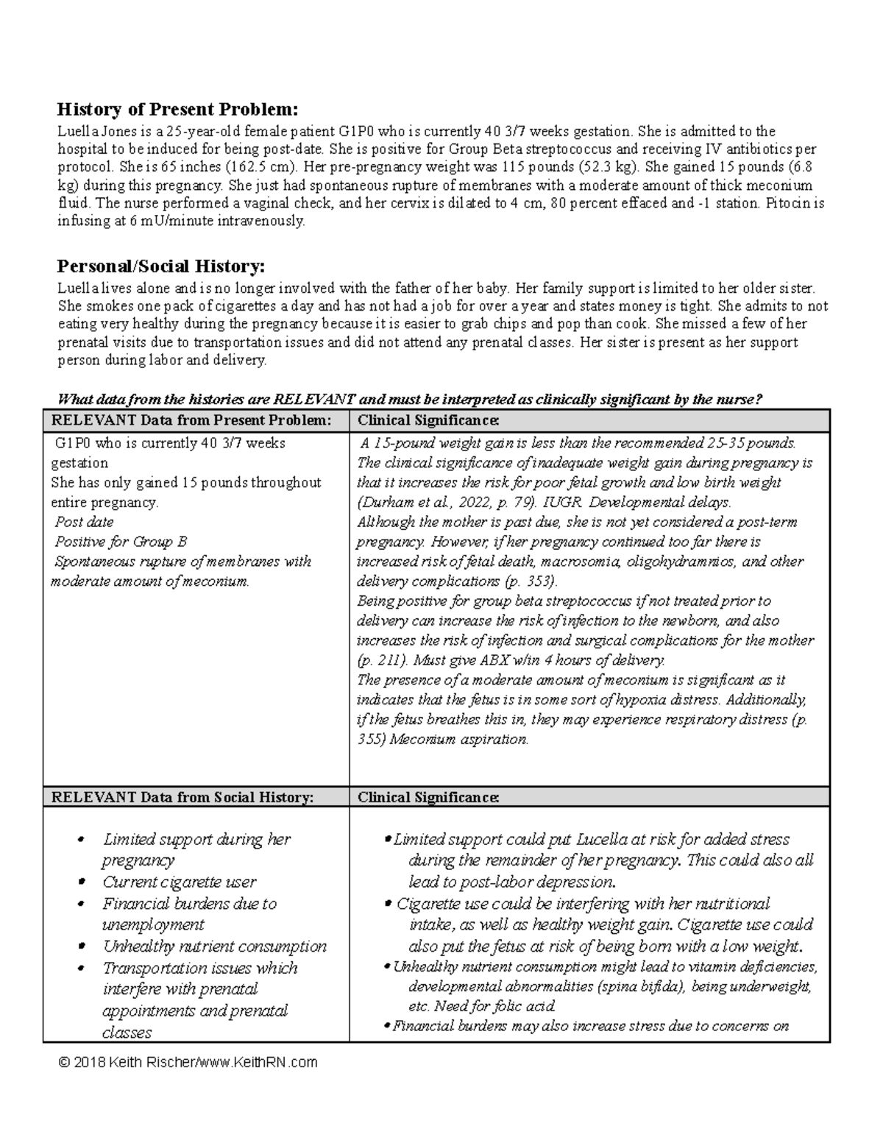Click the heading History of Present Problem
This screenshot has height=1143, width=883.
click(178, 110)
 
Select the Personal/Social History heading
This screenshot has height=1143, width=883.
click(161, 266)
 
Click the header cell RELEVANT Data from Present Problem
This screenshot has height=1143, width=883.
click(188, 420)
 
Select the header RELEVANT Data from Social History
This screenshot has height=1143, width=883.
click(178, 797)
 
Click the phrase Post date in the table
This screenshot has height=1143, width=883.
click(84, 522)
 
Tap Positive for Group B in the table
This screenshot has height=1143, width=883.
click(121, 542)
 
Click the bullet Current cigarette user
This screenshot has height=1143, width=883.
click(179, 882)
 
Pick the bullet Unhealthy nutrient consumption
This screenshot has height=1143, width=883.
click(214, 946)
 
